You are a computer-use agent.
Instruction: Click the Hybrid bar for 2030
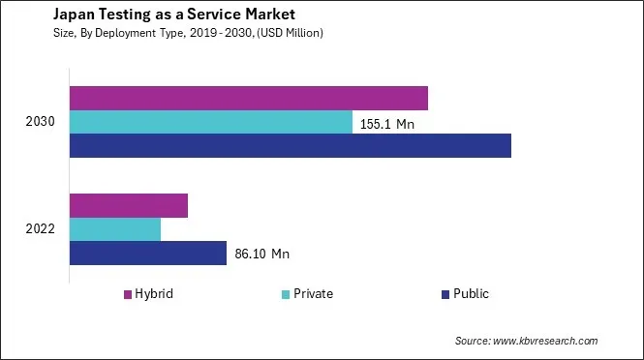coord(249,98)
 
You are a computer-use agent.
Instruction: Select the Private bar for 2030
coord(211,122)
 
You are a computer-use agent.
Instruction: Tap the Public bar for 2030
coord(291,145)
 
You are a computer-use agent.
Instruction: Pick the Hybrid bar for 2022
coord(129,205)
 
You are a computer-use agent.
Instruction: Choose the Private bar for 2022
coord(115,229)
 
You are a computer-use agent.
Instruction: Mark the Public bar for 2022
coord(148,254)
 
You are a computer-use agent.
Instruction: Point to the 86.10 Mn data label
coord(262,255)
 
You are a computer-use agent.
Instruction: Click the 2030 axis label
coord(42,122)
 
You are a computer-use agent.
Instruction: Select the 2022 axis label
coord(42,229)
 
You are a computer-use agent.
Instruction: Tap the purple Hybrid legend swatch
coord(126,294)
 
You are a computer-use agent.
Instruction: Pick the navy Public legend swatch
coord(445,294)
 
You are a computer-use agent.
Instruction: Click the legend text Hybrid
coord(154,294)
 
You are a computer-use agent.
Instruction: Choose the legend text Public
coord(472,294)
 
